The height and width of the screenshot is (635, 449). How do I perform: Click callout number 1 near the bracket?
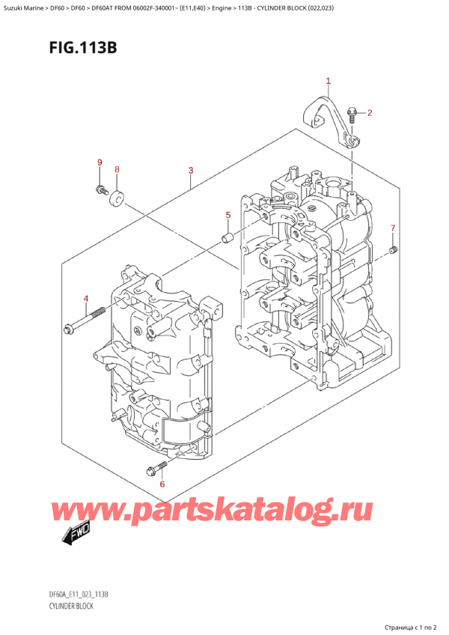point(328,81)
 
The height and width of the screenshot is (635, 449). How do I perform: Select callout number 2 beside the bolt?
point(370,113)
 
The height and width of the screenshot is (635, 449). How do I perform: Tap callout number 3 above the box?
point(192,171)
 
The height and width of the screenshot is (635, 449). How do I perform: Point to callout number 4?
point(86,300)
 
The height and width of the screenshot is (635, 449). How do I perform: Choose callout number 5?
point(228,216)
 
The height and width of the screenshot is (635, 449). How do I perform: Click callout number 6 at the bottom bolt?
point(162,484)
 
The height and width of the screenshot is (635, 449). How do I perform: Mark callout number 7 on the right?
point(391,228)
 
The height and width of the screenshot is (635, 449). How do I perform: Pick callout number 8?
point(117,170)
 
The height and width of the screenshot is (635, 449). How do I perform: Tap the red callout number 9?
point(99,163)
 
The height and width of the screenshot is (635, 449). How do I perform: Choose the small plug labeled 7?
point(394,249)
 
